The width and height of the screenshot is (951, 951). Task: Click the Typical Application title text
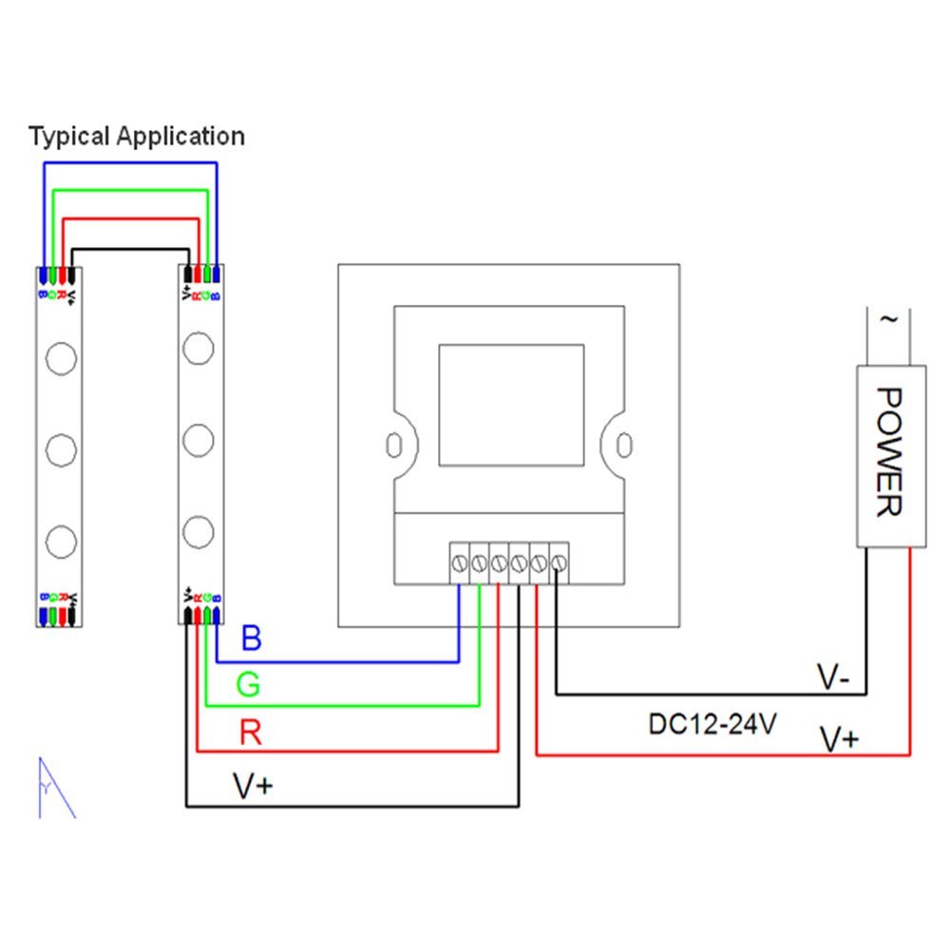(137, 136)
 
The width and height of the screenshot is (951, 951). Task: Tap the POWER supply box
(890, 456)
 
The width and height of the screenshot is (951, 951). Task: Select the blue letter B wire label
(251, 637)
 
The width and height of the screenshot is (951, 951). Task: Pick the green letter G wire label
(249, 684)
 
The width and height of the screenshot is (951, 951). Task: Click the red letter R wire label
(251, 732)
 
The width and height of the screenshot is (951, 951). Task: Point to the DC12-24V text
(713, 724)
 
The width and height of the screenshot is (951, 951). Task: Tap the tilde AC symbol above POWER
(889, 320)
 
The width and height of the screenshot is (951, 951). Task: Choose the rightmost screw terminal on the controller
(559, 562)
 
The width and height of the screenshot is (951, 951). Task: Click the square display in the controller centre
(511, 405)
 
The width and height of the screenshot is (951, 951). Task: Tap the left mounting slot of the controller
(392, 444)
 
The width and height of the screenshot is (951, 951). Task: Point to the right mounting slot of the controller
(623, 444)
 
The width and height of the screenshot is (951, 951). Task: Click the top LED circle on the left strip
(60, 358)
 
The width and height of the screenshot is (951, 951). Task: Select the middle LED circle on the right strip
(198, 440)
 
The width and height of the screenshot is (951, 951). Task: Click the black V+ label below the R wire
(254, 785)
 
